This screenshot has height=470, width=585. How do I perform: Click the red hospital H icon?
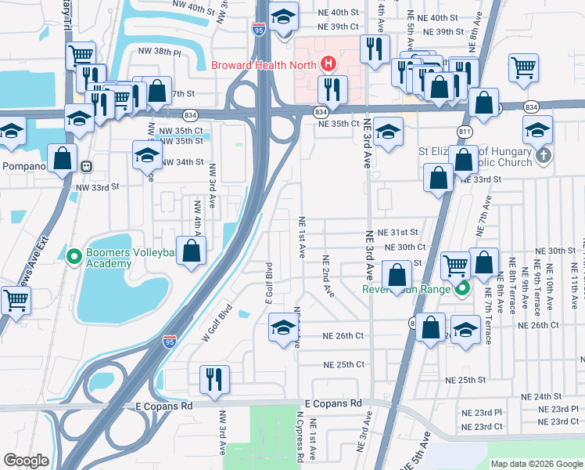[328, 63]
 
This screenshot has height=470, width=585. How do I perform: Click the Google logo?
[26, 461]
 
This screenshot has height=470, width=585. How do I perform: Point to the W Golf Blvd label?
[218, 323]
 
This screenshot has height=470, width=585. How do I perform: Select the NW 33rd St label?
[97, 187]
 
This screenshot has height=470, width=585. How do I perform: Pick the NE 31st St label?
[398, 233]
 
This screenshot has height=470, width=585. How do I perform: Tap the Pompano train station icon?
[86, 166]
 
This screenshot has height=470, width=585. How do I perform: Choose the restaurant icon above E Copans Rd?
[213, 380]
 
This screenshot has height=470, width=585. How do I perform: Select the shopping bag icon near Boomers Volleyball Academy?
[191, 251]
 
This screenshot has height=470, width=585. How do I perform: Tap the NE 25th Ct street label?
[344, 364]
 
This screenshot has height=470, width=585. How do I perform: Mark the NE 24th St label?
[545, 396]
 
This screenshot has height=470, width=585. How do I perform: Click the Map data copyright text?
[536, 464]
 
